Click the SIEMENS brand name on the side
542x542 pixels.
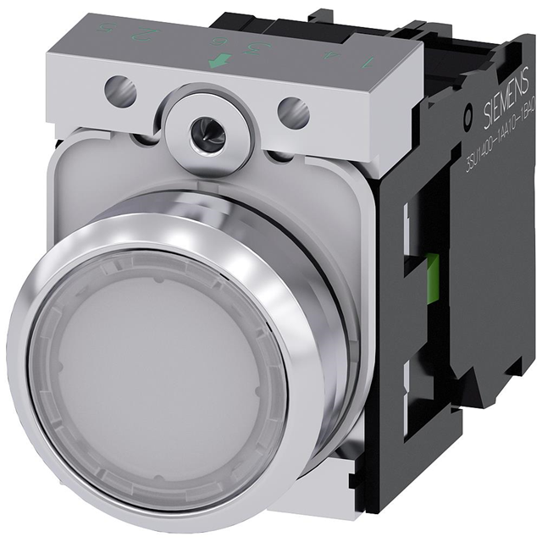pyautogui.click(x=500, y=109)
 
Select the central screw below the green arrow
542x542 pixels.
pyautogui.click(x=200, y=128)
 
